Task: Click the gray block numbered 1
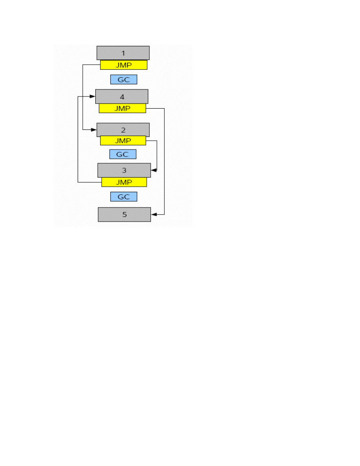pos(123,53)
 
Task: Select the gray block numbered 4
pos(122,96)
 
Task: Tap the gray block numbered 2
pos(123,130)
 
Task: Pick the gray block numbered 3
pos(124,170)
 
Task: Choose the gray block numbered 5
pos(124,215)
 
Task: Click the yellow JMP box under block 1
pos(124,65)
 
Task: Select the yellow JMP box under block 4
pos(122,109)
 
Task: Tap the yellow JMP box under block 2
pos(123,140)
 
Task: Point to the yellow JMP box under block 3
pos(124,182)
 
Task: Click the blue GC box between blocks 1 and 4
pos(124,80)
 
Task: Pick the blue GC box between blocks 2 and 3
pos(123,154)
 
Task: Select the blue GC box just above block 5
pos(124,197)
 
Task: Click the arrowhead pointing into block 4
pos(93,96)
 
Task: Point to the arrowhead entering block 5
pos(154,215)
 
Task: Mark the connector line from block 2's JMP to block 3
pos(157,155)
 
